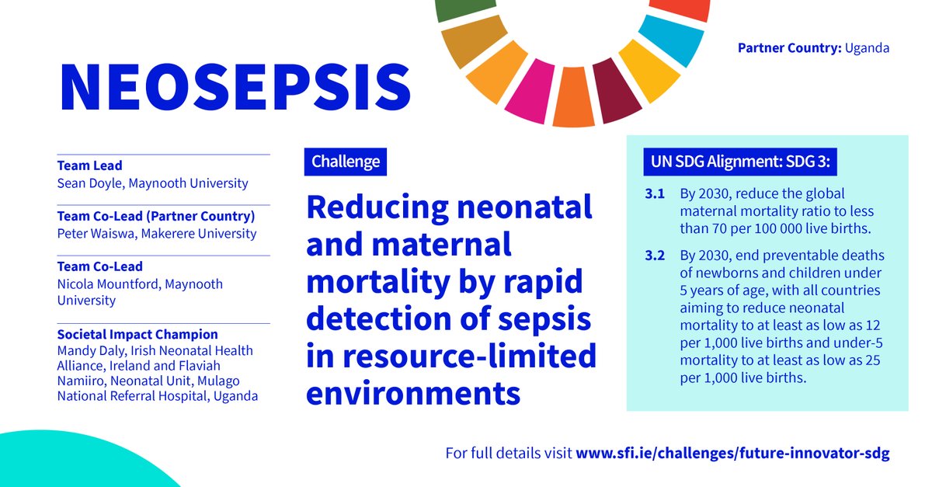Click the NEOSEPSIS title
(235, 86)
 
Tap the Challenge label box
(346, 162)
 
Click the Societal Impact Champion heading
(137, 335)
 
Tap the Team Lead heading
(89, 165)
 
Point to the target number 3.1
(656, 194)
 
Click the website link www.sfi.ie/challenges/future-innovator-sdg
(732, 453)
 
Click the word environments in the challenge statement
(413, 392)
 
